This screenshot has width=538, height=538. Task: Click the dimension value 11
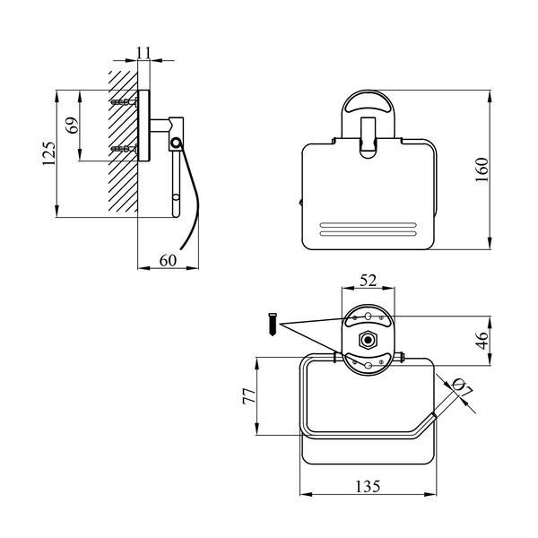tap(143, 53)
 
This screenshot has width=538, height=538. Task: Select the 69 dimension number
tap(73, 126)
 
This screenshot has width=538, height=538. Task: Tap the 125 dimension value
tap(48, 153)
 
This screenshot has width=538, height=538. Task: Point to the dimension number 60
tap(168, 260)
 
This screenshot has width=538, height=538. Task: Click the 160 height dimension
tap(482, 169)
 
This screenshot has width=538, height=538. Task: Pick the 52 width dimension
tap(369, 281)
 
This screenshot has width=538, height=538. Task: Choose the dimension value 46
tap(482, 340)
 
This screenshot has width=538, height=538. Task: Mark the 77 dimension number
tap(249, 396)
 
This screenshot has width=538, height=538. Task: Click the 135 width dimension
tap(368, 487)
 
